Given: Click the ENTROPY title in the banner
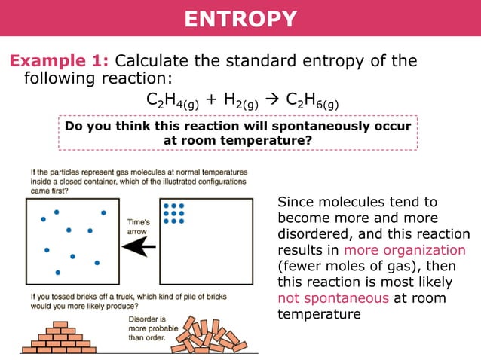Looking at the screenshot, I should pos(240,19).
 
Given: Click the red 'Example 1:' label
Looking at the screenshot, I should pos(60,61).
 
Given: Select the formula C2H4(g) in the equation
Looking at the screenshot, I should pos(172,101).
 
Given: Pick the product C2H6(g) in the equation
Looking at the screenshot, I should pos(312,101).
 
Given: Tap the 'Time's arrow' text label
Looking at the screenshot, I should pos(138,227).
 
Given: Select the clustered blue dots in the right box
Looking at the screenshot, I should pos(174,213).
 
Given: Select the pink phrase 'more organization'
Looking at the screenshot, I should pos(404,250).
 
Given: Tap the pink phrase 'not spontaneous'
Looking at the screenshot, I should pos(333,297).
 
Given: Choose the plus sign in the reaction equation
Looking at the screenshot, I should pos(209,100).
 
